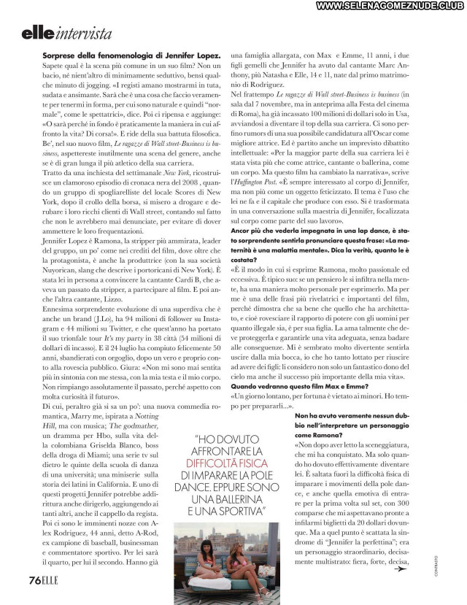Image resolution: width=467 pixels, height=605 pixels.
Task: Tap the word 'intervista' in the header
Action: (x=83, y=34)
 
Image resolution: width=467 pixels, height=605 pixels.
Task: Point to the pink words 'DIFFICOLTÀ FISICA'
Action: (x=226, y=463)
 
